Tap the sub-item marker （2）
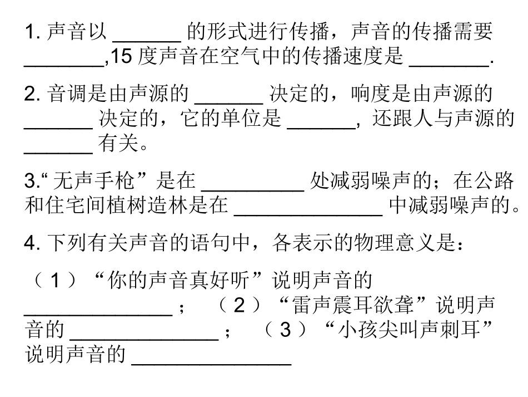(239, 306)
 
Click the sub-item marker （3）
(285, 331)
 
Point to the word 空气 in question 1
(235, 57)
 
